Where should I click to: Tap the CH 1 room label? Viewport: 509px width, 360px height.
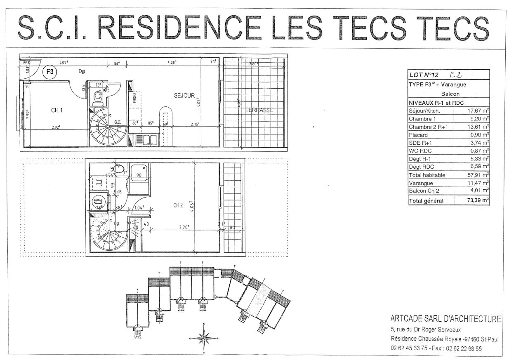(x=57, y=110)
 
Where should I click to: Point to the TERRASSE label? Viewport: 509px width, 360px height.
(x=259, y=110)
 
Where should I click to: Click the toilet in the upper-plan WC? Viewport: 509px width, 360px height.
(x=98, y=96)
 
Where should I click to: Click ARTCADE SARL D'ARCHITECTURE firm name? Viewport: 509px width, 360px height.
(x=446, y=319)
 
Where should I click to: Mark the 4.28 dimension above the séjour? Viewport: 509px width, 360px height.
(x=172, y=63)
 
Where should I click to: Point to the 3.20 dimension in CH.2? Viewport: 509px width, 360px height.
(x=184, y=226)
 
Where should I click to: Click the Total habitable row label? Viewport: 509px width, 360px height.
(x=427, y=175)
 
